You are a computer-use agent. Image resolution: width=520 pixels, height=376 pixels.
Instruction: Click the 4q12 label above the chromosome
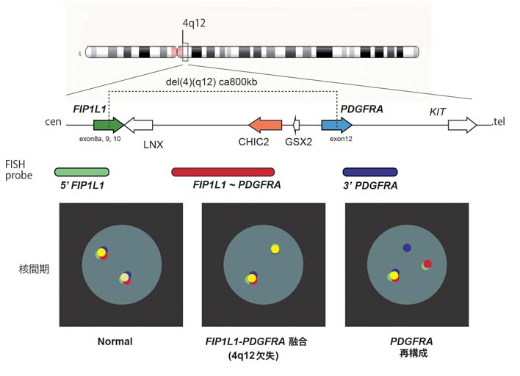point(194,23)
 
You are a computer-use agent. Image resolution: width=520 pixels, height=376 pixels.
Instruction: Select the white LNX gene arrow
point(140,125)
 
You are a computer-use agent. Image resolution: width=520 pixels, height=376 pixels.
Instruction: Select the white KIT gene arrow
point(462,125)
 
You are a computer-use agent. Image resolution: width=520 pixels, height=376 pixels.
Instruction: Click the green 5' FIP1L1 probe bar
point(82,172)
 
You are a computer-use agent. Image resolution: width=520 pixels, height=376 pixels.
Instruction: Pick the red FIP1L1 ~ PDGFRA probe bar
point(223,172)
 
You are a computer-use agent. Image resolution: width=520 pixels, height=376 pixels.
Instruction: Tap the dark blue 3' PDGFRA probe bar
point(370,172)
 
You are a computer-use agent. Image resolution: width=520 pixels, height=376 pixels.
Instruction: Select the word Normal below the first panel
point(115,341)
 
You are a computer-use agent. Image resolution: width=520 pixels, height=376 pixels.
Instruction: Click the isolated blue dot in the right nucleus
point(407,248)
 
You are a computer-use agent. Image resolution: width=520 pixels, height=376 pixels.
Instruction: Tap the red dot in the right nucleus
point(427,264)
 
